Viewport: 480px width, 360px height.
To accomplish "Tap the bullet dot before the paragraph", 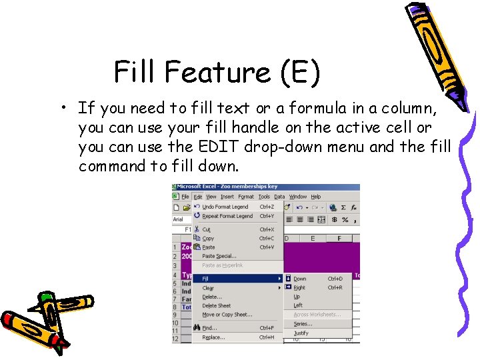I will (61, 109).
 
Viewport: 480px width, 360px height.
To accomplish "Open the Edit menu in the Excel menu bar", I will (198, 197).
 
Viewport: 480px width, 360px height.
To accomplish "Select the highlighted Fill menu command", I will (205, 279).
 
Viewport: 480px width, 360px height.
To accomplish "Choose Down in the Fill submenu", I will (300, 279).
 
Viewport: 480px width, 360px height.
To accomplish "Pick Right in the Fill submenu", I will (299, 287).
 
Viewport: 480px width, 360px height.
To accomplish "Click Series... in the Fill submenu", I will (303, 324).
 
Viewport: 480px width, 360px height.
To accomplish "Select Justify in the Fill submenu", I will (301, 333).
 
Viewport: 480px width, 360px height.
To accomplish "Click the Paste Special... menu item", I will (219, 256).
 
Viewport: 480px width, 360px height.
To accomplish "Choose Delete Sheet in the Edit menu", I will (216, 306).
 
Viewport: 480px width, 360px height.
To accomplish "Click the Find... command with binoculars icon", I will (209, 328).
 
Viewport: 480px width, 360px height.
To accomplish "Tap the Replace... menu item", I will (213, 337).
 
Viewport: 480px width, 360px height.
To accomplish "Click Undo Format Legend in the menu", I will (225, 207).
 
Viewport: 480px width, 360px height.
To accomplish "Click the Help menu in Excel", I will (316, 197).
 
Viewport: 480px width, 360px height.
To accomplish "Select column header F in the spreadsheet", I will (339, 238).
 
